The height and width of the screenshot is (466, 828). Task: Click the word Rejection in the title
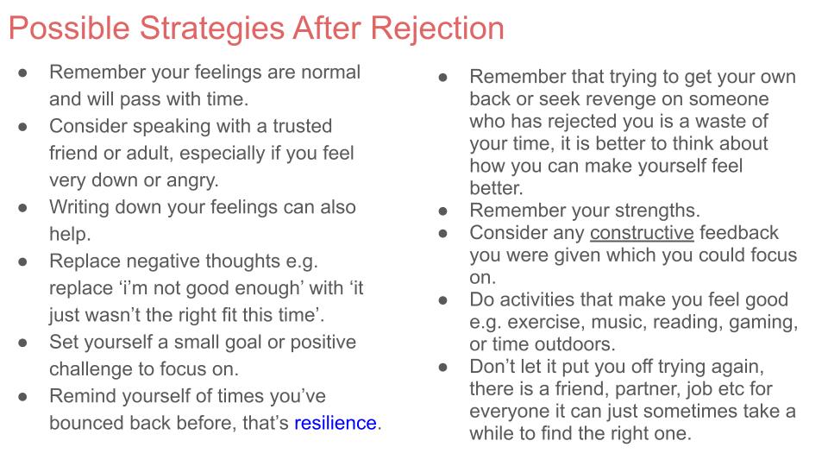(437, 28)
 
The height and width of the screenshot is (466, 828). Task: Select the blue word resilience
(336, 423)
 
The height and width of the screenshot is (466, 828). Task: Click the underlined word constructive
(642, 233)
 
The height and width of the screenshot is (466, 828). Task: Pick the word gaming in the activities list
(768, 322)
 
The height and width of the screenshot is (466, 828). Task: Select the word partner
(641, 389)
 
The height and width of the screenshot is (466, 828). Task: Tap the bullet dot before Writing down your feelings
(24, 207)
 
